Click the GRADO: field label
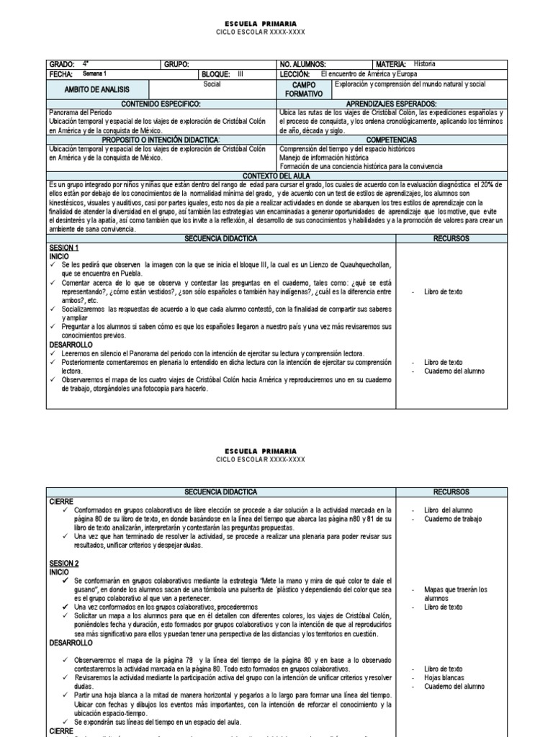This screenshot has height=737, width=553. tap(62, 65)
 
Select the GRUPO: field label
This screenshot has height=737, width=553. tap(176, 65)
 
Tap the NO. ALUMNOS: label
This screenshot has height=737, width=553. tap(302, 65)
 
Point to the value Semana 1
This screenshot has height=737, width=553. tap(94, 74)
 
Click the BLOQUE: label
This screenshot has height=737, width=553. tap(216, 74)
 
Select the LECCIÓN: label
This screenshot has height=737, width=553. tap(295, 74)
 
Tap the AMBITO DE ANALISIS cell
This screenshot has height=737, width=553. tap(97, 89)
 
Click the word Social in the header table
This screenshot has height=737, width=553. tap(212, 84)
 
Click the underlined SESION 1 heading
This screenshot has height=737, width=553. tap(63, 248)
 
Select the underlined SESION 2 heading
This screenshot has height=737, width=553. tap(63, 563)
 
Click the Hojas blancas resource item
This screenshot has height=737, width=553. tap(445, 678)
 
